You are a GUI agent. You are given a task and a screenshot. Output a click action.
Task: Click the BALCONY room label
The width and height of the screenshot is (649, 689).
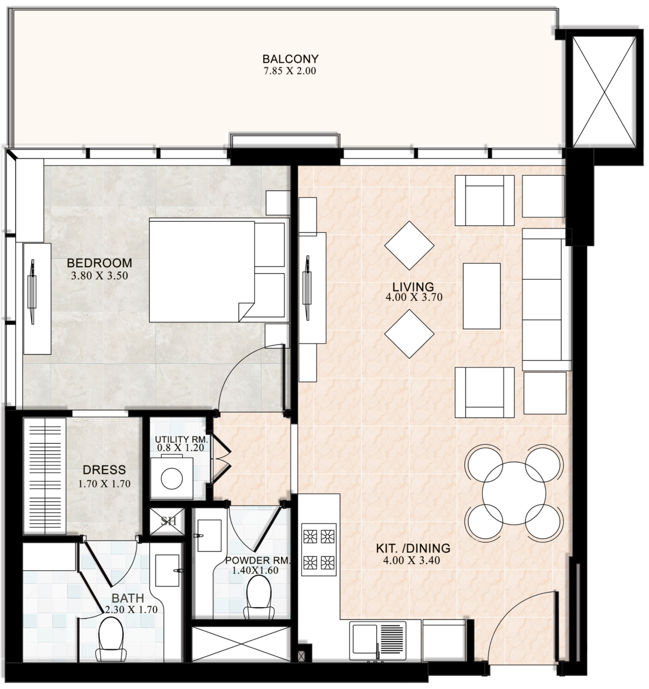point(290,59)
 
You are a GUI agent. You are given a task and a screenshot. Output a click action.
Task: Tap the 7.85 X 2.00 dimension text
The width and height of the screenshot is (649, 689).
point(290,71)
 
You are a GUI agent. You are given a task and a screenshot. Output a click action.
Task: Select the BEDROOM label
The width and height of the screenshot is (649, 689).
point(100,263)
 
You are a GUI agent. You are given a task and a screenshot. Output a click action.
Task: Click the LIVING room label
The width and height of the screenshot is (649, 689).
point(413,287)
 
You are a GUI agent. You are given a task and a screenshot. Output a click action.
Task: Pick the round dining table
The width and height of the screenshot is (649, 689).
point(514,493)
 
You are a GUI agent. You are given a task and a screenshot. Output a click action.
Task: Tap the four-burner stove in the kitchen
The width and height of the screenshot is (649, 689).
point(319,550)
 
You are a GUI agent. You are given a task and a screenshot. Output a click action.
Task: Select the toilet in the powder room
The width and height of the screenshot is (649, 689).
point(259,596)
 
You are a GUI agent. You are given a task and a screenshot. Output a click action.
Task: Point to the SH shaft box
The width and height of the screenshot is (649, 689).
point(167,522)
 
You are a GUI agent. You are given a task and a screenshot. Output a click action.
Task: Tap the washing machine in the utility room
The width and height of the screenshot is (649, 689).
point(172,478)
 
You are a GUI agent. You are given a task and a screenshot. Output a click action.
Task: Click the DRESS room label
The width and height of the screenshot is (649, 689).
point(104,470)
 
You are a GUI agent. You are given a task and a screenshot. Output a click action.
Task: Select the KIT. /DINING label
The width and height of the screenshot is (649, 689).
point(413,549)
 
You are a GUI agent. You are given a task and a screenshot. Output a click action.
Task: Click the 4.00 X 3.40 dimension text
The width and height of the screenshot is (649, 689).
point(411,560)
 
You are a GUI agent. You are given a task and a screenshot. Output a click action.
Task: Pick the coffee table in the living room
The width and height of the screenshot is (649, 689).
point(482,296)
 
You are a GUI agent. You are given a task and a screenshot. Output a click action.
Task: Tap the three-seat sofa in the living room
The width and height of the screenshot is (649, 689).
point(546,299)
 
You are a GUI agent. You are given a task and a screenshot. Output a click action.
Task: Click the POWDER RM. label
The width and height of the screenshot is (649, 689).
point(257,560)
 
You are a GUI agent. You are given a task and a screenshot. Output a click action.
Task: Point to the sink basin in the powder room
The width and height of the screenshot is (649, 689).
point(209,536)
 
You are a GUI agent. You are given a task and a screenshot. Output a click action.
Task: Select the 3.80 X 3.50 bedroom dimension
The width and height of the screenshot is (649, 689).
point(100,276)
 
